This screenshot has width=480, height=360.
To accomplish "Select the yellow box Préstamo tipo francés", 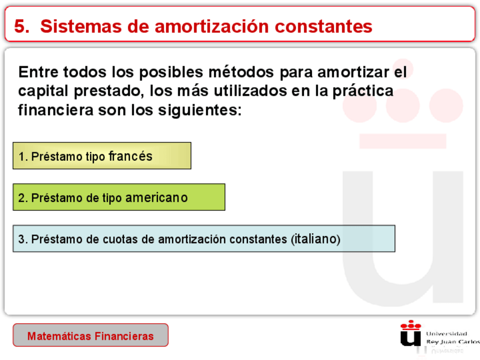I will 102,156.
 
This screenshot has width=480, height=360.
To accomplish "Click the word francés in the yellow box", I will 130,156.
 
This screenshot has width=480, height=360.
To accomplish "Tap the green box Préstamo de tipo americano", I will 119,197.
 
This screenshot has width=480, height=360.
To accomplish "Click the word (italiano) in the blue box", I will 316,239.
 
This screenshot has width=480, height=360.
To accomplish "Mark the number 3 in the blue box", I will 22,239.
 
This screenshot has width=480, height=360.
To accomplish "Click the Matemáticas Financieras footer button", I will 91,336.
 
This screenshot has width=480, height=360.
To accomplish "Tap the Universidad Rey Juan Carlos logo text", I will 451,338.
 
